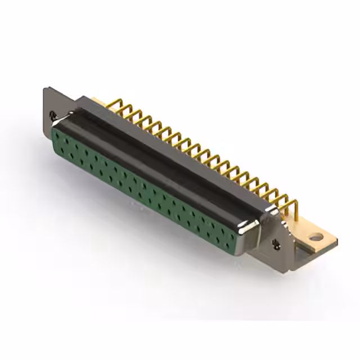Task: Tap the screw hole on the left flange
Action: (53, 115)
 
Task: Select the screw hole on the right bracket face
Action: (276, 244)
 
